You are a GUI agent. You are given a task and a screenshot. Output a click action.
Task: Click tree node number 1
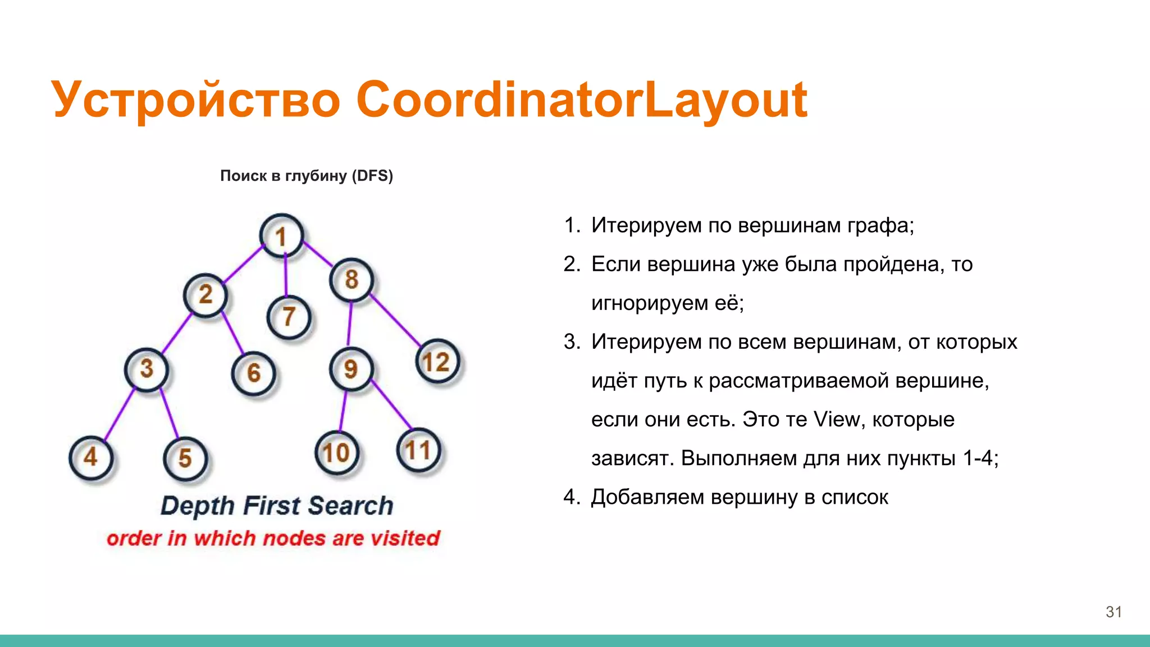(281, 236)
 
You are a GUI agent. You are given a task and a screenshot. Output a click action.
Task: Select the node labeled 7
(289, 317)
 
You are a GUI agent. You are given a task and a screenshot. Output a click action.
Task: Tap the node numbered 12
(437, 362)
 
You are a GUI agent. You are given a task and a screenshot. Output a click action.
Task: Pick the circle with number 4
(90, 457)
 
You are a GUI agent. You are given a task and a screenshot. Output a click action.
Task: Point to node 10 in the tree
(336, 453)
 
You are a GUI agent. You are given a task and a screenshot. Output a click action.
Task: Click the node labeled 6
(253, 373)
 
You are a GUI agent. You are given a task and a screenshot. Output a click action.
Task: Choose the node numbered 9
(351, 369)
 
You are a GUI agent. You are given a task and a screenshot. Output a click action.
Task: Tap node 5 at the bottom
(185, 459)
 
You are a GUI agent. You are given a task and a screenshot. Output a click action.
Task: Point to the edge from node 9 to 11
(391, 404)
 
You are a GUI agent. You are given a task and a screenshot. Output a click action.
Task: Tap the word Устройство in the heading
(196, 100)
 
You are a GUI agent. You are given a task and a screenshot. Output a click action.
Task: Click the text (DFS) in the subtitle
(372, 176)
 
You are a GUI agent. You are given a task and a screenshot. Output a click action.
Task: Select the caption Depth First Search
(277, 505)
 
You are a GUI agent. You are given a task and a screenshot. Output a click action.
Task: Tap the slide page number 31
(1114, 612)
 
